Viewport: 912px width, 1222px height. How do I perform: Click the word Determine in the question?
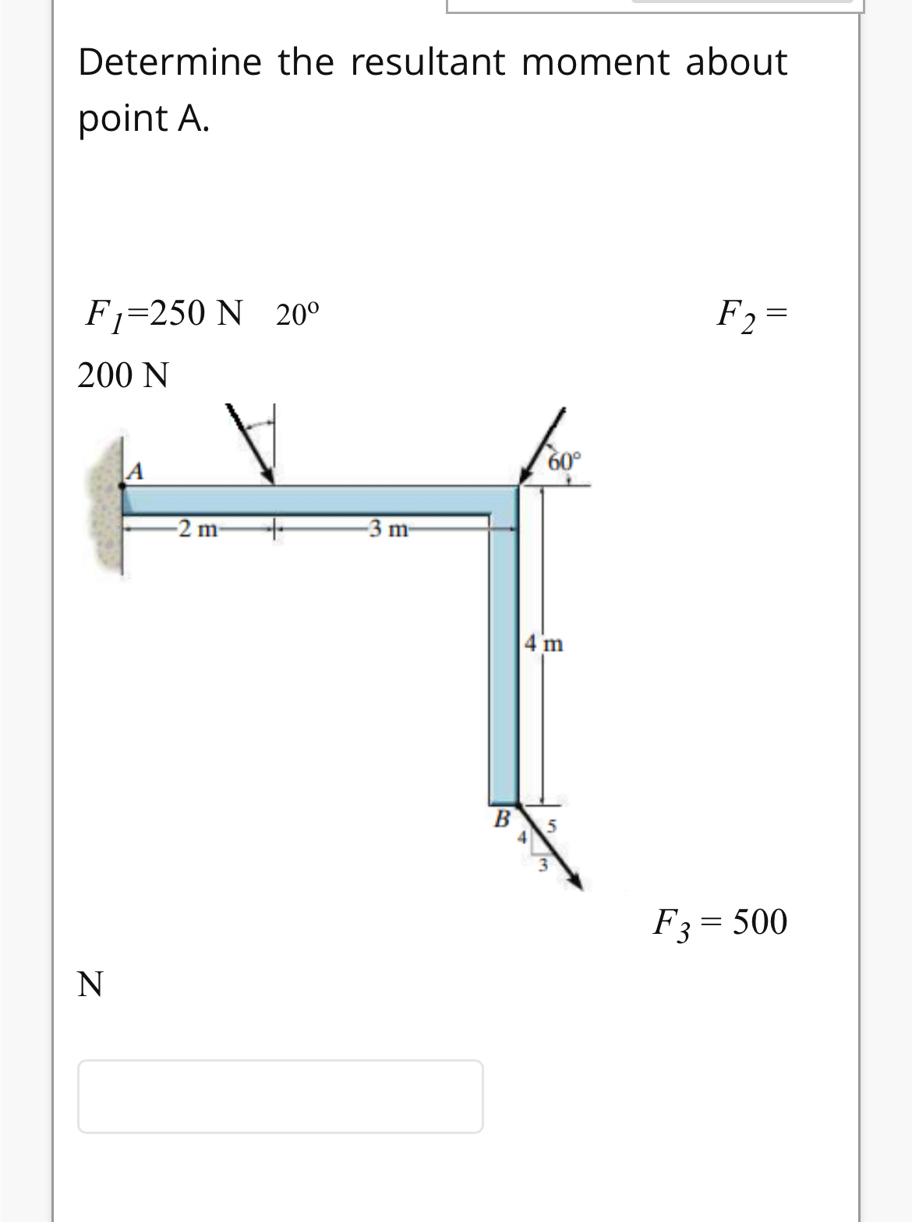coord(169,62)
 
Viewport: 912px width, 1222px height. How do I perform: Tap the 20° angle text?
coord(297,315)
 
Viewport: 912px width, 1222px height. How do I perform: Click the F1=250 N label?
coord(163,313)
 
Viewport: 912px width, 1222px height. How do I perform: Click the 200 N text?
coord(123,375)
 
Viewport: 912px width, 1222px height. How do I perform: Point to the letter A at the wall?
coord(136,470)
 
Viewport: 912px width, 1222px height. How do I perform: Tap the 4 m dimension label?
coord(544,644)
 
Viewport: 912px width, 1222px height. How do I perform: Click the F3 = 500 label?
coord(719,922)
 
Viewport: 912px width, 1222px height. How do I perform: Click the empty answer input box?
coord(280,1096)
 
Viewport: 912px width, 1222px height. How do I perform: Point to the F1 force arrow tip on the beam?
coord(270,481)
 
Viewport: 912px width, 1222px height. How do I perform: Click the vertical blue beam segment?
coord(504,662)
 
